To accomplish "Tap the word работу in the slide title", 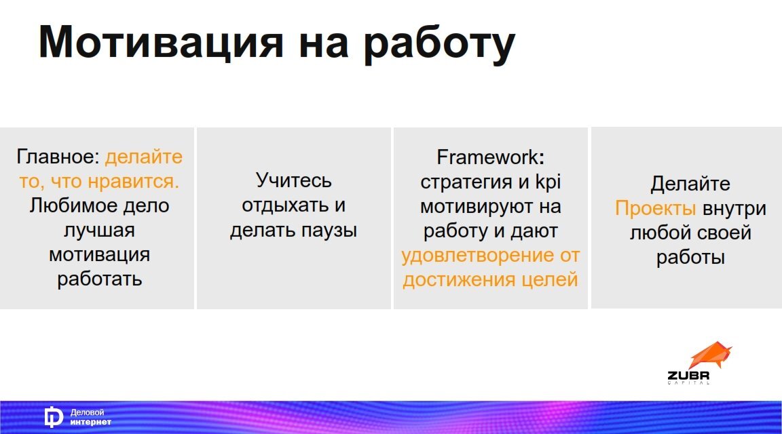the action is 439,44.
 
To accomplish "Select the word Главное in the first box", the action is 58,157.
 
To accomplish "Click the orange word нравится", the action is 134,181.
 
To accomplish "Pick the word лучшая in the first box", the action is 99,230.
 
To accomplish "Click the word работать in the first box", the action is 99,279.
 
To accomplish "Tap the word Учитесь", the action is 293,180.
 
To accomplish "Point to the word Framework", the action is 487,157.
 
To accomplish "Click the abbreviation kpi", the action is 548,182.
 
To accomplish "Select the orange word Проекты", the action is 655,208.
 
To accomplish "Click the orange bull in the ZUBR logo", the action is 709,355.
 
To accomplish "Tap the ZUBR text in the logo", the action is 689,375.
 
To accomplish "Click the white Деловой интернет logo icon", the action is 53,417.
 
